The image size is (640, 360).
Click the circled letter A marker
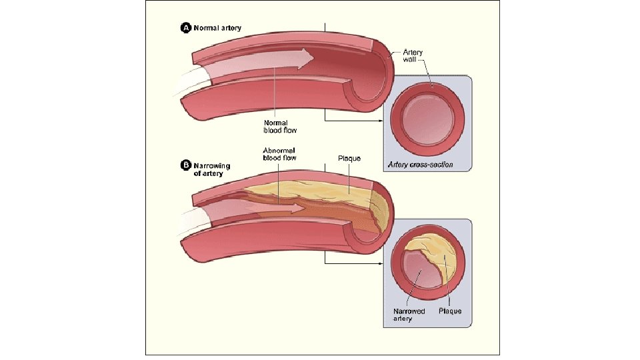(186, 28)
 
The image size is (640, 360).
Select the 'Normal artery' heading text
(217, 28)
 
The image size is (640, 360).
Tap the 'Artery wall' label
(412, 55)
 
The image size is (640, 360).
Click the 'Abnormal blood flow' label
(279, 154)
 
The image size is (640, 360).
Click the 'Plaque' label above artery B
(349, 159)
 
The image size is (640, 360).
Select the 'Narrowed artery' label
(409, 315)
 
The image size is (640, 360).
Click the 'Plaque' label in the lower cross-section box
(450, 311)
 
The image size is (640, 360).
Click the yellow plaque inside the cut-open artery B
(333, 193)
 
